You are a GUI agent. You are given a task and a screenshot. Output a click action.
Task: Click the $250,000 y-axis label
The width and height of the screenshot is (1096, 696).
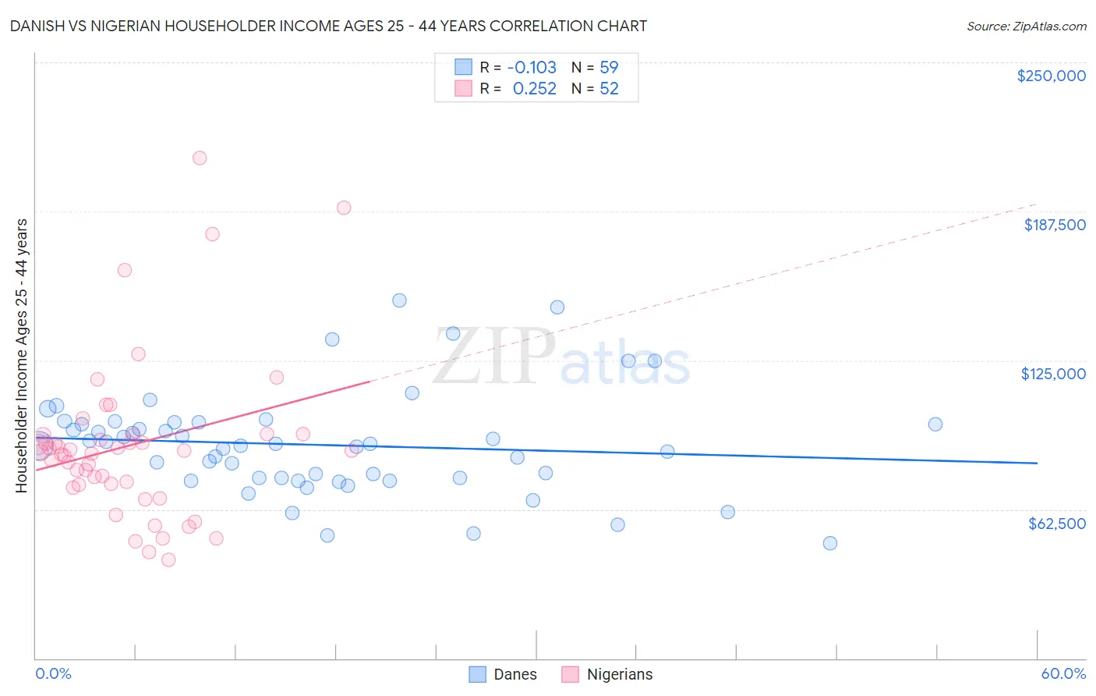(1051, 76)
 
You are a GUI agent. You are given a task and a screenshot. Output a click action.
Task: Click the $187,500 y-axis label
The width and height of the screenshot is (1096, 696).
(1054, 225)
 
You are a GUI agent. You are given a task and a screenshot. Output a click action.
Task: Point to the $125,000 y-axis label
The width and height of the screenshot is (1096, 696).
(1053, 374)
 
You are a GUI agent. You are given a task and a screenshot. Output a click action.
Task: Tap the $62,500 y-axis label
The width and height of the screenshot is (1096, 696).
(1056, 524)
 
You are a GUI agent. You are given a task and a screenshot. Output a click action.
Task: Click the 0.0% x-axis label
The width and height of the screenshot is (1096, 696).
(53, 673)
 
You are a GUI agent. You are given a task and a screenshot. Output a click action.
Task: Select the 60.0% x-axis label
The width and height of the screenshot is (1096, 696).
(1063, 673)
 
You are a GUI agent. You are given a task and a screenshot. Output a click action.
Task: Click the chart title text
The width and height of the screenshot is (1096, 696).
(328, 26)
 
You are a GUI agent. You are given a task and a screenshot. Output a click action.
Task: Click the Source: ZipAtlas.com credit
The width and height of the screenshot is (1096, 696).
(1026, 27)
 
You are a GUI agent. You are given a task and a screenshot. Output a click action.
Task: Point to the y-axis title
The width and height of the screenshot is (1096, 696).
(22, 356)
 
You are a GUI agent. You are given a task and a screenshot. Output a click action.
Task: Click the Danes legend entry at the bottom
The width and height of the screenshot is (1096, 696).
(514, 674)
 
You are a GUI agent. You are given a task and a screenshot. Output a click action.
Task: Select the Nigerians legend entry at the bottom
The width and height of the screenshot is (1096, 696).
(619, 674)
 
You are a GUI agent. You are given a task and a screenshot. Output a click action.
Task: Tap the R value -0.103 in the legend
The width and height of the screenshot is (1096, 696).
(532, 67)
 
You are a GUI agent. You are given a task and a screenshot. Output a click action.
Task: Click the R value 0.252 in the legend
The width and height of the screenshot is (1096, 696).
(534, 89)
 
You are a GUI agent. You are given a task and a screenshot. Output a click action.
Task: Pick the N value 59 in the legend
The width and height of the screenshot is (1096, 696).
(609, 67)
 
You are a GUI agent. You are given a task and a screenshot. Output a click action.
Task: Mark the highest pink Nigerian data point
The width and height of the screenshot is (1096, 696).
(200, 158)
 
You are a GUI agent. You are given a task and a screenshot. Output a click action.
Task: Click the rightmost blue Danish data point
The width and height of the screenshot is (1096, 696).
(935, 424)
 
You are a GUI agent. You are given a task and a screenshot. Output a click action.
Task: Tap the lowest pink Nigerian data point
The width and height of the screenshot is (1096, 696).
(168, 559)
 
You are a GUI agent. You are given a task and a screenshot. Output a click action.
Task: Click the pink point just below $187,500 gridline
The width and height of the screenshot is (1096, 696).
(212, 234)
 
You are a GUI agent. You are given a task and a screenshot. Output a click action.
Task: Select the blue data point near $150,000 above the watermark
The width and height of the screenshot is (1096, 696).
(399, 300)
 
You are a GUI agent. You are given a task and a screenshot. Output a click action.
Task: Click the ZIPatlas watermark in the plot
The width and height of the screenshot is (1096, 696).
(561, 357)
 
